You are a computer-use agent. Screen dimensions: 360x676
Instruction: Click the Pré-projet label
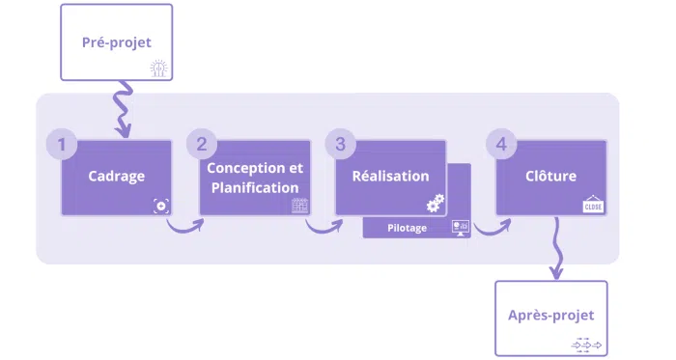coord(117,42)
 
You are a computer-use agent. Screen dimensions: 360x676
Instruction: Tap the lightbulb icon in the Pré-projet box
coord(158,68)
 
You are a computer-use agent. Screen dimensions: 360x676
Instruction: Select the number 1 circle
coord(62,146)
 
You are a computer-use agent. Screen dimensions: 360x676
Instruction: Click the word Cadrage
coord(117,177)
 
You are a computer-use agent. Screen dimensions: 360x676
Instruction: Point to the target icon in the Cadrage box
coord(160,205)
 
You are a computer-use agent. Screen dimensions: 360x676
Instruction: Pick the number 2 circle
coord(201,145)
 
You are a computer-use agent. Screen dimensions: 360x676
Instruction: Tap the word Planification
coord(255,187)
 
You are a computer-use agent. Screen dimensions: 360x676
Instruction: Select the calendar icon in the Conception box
coord(299,206)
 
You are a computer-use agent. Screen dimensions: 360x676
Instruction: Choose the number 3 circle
coord(339,145)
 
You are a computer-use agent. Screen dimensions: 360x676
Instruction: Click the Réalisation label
coord(390,177)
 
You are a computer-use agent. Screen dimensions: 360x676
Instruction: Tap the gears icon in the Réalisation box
coord(436,203)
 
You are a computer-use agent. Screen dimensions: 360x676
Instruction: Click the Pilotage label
coord(407,228)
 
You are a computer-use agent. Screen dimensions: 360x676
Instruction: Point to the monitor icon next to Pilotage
coord(459,228)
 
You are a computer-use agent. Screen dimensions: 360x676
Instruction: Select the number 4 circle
coord(499,145)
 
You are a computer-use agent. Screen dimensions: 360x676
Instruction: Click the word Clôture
coord(550,177)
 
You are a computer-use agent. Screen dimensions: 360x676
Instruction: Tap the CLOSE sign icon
coord(593,205)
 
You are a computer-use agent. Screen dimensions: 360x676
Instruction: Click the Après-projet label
coord(551,316)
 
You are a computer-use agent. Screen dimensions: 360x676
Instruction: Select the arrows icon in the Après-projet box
coord(587,343)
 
